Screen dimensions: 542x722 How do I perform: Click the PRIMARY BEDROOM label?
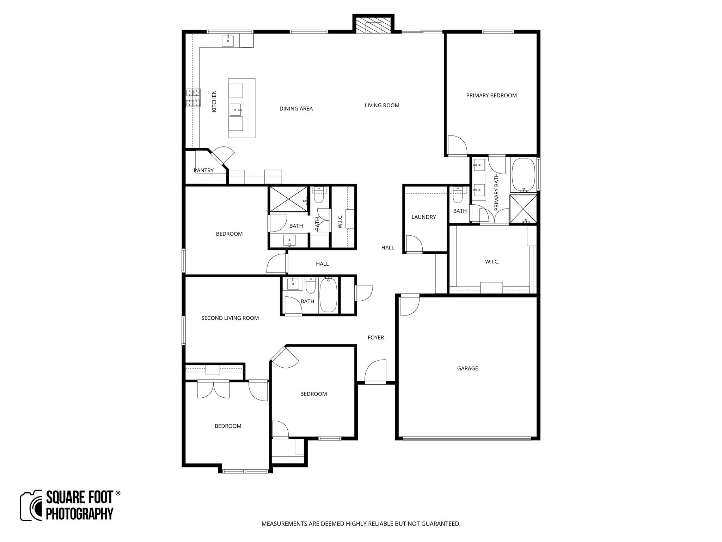point(491,95)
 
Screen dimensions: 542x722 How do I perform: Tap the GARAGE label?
point(467,368)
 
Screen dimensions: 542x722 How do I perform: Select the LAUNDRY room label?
point(423,217)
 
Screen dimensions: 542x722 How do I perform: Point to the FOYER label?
point(375,338)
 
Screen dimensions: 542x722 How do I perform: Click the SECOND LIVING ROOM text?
point(230,318)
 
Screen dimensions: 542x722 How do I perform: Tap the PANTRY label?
point(203,170)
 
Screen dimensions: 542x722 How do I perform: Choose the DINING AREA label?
point(296,109)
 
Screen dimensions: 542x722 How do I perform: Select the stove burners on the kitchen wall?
point(193,98)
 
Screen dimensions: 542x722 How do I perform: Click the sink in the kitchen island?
point(236,110)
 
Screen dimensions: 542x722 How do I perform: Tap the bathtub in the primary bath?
point(523,175)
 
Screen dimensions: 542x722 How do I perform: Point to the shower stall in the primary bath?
point(523,209)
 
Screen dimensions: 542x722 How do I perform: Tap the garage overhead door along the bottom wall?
point(467,439)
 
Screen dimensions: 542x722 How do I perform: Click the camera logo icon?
point(31,506)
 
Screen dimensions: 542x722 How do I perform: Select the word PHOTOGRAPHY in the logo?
point(80,513)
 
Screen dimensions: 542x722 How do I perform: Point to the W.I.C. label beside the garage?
point(492,262)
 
